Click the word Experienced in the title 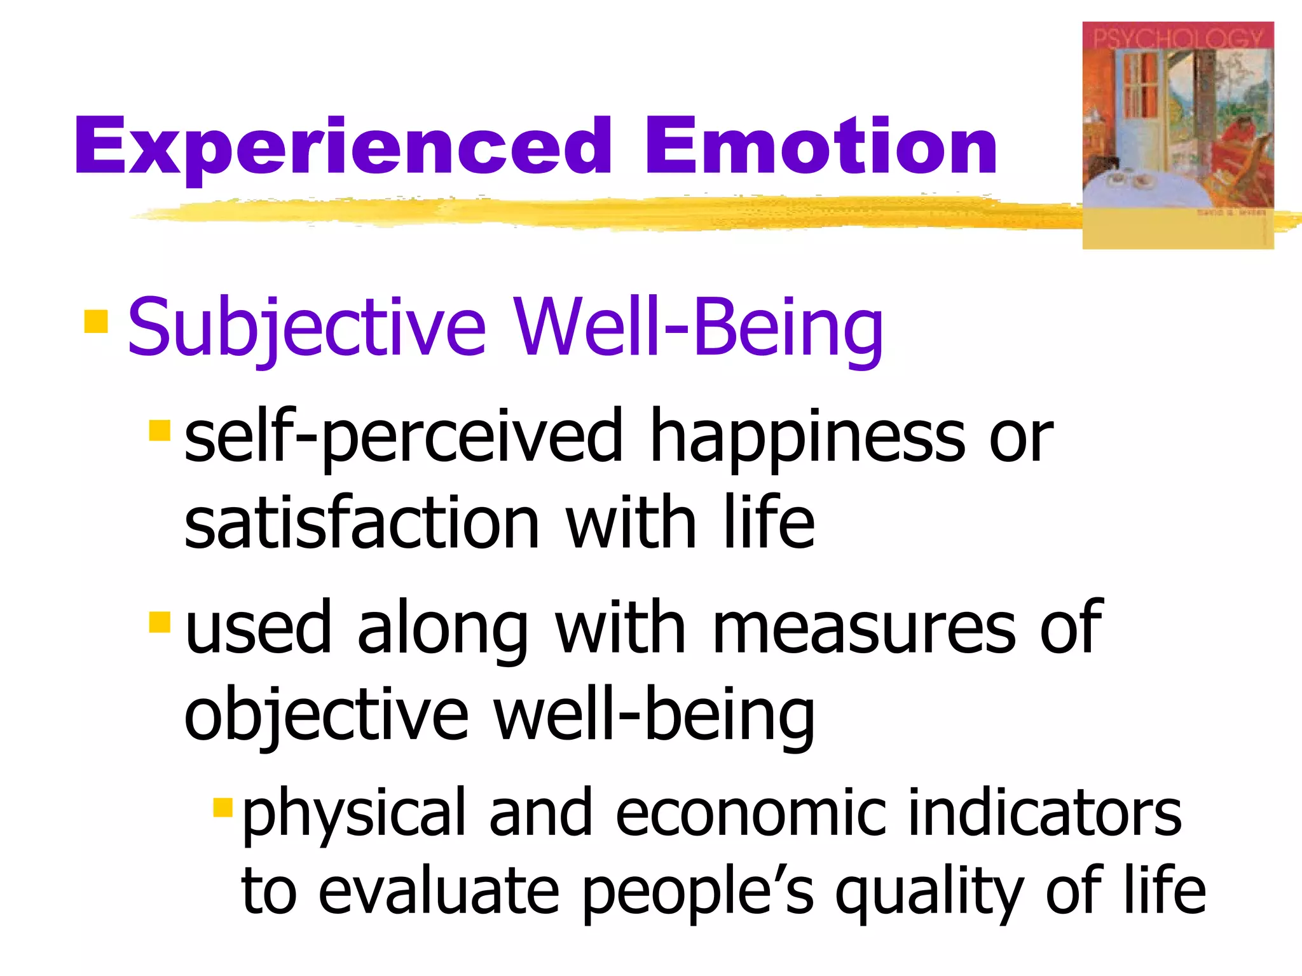343,147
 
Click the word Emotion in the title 820,147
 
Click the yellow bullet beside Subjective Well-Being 96,321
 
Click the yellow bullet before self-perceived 160,430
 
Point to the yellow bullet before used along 160,622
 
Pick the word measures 865,629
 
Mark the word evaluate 439,891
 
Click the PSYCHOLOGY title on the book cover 1177,38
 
